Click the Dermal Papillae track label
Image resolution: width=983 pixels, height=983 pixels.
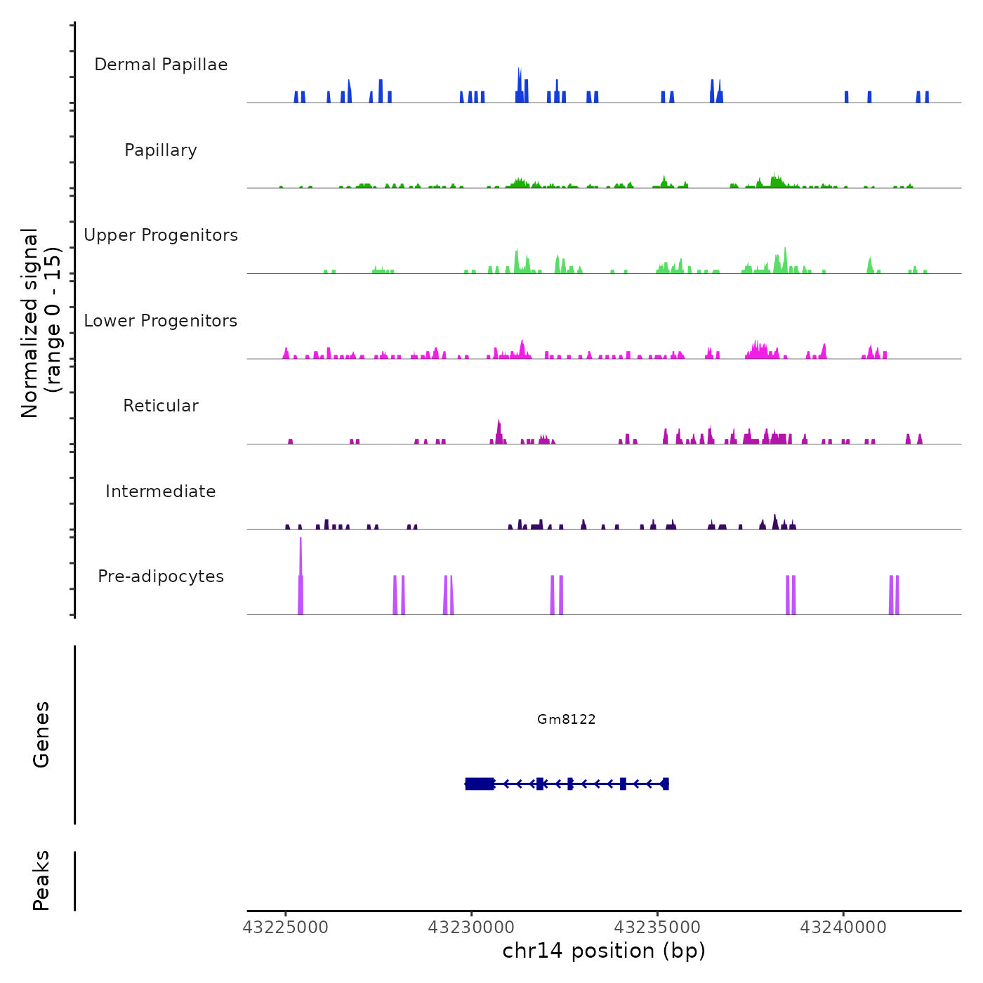point(161,65)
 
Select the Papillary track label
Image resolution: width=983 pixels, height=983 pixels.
point(161,150)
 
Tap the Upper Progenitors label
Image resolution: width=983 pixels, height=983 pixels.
point(161,235)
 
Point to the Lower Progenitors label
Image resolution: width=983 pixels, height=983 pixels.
point(161,321)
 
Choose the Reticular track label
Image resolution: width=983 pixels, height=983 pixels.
point(161,406)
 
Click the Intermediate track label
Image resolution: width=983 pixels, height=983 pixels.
point(161,491)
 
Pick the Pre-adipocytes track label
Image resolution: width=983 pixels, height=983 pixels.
point(161,576)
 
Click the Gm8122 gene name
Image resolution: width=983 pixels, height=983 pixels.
point(566,719)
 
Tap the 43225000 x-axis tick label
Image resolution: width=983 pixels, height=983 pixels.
point(286,928)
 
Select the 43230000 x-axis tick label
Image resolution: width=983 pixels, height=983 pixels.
point(472,928)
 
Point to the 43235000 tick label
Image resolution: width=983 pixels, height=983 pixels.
point(658,928)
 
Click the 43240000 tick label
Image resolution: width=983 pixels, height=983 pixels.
point(843,928)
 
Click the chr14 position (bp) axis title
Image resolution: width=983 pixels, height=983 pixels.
point(604,951)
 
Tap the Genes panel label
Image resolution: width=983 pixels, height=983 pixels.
point(41,734)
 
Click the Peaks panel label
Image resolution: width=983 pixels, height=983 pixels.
point(41,880)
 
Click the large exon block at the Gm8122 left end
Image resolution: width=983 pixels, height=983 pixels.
point(480,784)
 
